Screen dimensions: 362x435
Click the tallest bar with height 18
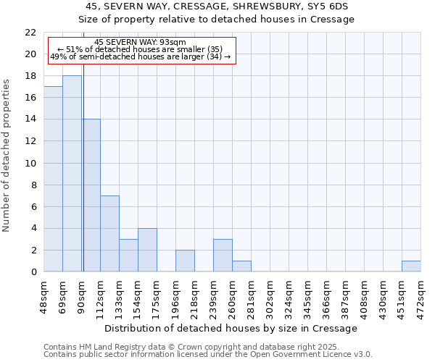click(x=72, y=174)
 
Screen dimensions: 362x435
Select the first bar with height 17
click(x=53, y=179)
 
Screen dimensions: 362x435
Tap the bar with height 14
click(x=91, y=195)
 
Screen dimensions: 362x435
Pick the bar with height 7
click(x=109, y=234)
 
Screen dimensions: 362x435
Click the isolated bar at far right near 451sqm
click(x=411, y=266)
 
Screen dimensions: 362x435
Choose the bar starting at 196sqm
click(x=185, y=261)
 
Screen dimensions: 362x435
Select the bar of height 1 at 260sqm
click(x=241, y=266)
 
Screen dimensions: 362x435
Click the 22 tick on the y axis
click(x=30, y=33)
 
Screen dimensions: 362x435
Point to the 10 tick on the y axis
click(x=30, y=164)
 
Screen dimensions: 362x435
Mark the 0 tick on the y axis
click(x=33, y=272)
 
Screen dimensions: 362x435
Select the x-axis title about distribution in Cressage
click(x=231, y=328)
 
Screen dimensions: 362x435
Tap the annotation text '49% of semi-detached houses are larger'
click(x=141, y=56)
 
